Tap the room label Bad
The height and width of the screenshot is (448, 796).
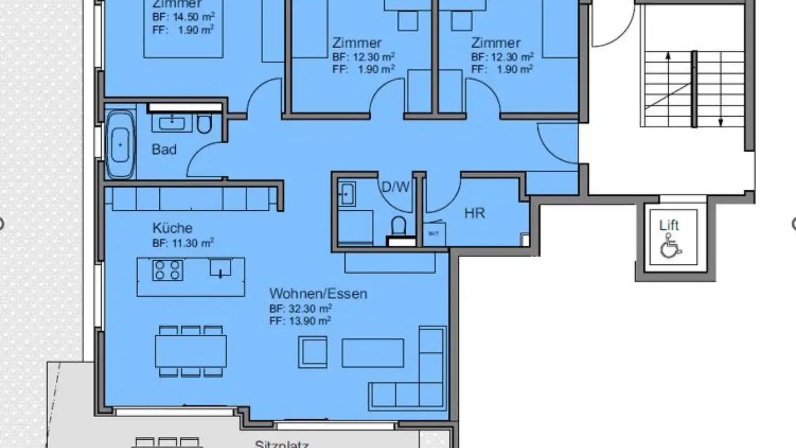pyautogui.click(x=164, y=149)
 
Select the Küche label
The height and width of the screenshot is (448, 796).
pyautogui.click(x=172, y=228)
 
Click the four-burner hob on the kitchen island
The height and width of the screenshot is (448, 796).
pyautogui.click(x=167, y=270)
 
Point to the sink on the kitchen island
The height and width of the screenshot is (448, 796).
pyautogui.click(x=220, y=268)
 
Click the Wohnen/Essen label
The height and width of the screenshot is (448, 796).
pyautogui.click(x=318, y=293)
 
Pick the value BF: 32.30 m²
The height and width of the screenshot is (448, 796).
pyautogui.click(x=301, y=309)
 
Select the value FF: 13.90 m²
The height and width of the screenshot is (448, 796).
pyautogui.click(x=301, y=321)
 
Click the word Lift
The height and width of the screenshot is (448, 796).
pyautogui.click(x=669, y=225)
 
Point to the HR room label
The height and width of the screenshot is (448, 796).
pyautogui.click(x=474, y=213)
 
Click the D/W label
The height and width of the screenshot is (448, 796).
pyautogui.click(x=396, y=187)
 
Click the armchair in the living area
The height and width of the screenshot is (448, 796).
pyautogui.click(x=313, y=352)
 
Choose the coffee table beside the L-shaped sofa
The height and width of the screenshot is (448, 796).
pyautogui.click(x=373, y=353)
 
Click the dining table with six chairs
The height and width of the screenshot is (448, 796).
pyautogui.click(x=190, y=351)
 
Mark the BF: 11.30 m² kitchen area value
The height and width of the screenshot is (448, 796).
pyautogui.click(x=183, y=243)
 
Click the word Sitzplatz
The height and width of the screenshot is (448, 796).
pyautogui.click(x=281, y=444)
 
